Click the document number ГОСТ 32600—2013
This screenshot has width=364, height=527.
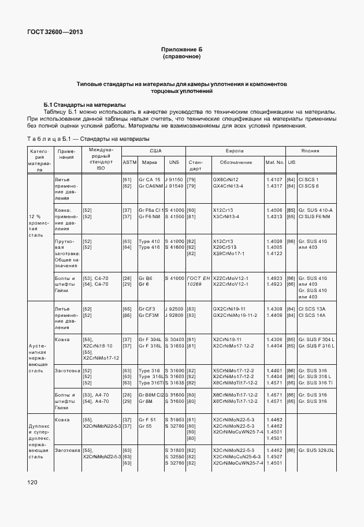(x=54, y=32)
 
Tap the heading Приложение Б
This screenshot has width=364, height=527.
(x=181, y=50)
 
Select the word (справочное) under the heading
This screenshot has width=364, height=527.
(x=181, y=57)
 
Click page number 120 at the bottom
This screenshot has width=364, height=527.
(x=31, y=481)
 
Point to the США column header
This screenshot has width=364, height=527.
(x=155, y=150)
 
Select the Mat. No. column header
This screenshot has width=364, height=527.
(x=274, y=163)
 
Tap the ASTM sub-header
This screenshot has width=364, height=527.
(x=129, y=163)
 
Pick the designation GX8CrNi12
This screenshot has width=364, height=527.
(x=225, y=180)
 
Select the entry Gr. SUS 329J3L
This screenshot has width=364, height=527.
(x=317, y=450)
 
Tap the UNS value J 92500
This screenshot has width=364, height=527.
(x=174, y=309)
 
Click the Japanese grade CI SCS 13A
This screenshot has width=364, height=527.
(x=313, y=309)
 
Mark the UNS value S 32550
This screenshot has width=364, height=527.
(x=174, y=456)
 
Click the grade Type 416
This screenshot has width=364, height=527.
(x=149, y=247)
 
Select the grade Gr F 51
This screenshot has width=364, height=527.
(x=147, y=419)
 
